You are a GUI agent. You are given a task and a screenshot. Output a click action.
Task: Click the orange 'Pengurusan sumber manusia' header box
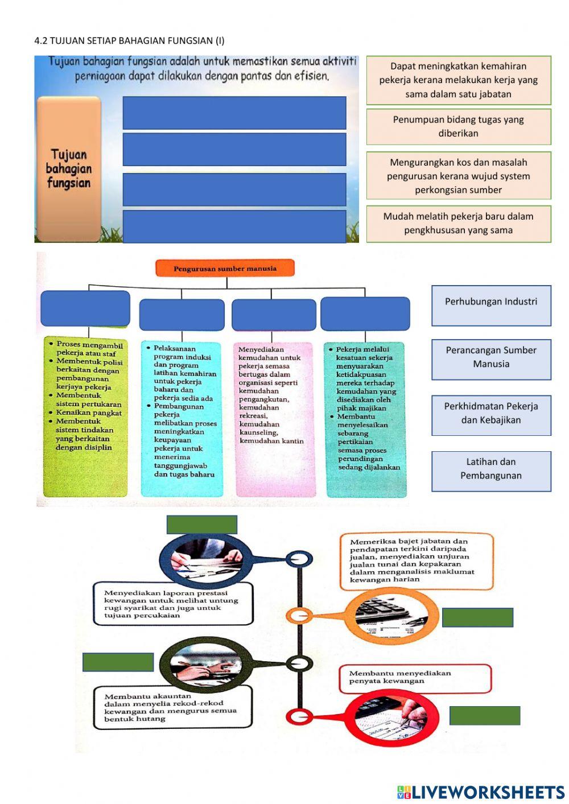click(x=225, y=268)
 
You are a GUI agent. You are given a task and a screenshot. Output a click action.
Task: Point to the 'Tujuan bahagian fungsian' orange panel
click(x=69, y=169)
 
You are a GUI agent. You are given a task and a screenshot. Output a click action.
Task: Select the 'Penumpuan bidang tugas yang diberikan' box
click(x=459, y=127)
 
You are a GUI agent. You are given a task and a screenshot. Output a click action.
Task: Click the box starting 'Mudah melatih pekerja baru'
click(x=459, y=224)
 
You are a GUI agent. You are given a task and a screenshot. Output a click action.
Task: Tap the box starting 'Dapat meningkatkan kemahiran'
click(x=459, y=80)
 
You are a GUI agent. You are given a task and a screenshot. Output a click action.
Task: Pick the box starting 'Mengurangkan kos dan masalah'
click(x=459, y=176)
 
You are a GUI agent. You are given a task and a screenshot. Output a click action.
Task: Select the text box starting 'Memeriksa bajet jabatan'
click(x=417, y=561)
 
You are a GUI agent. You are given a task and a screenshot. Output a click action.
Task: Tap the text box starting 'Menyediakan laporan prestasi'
click(x=173, y=604)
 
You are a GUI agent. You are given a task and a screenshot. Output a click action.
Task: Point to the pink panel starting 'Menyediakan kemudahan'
click(x=274, y=418)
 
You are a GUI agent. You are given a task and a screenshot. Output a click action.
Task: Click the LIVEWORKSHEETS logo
click(x=481, y=792)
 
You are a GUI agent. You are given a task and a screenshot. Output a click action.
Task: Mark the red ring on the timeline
click(x=299, y=716)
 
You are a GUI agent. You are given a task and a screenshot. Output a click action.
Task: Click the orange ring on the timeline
click(x=298, y=615)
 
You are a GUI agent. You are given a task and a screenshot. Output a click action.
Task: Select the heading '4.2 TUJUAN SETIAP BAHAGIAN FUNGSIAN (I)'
click(x=130, y=40)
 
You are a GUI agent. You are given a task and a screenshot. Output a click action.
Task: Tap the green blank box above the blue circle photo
click(x=202, y=524)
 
